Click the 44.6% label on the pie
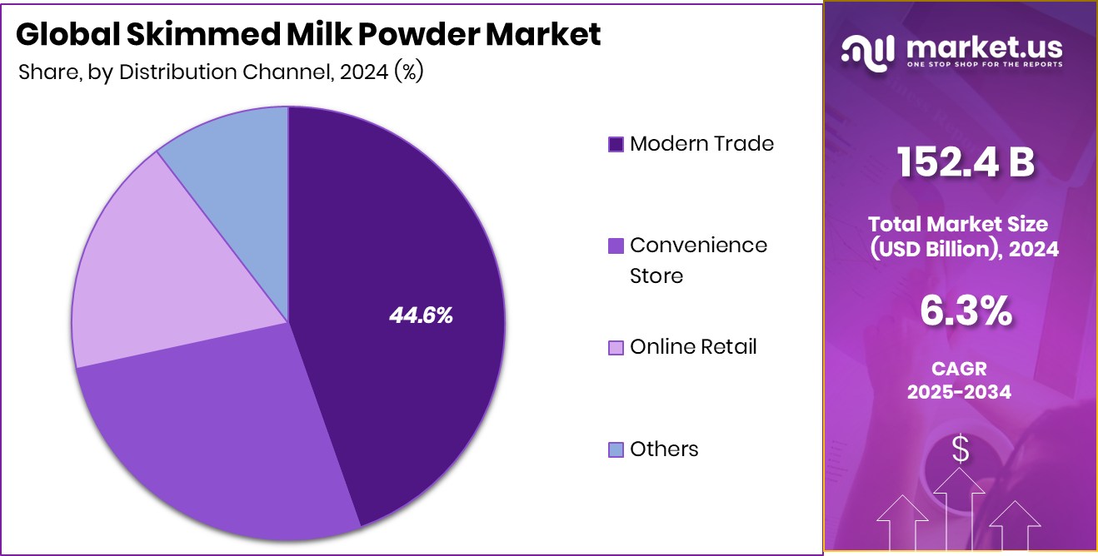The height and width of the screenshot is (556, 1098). [421, 315]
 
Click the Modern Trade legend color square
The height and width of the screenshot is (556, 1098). [616, 145]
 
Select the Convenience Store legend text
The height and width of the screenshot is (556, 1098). [698, 260]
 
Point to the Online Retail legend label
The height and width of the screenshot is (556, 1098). [693, 347]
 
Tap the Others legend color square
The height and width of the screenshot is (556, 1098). [616, 450]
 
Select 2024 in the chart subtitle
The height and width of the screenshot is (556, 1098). [365, 72]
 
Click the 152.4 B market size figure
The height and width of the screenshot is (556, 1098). [965, 163]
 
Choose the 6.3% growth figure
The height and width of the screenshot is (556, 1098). [965, 311]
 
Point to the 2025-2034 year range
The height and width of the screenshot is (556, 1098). [959, 391]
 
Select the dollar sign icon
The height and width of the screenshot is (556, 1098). [960, 450]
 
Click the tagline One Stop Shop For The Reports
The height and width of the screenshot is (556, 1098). [984, 64]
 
